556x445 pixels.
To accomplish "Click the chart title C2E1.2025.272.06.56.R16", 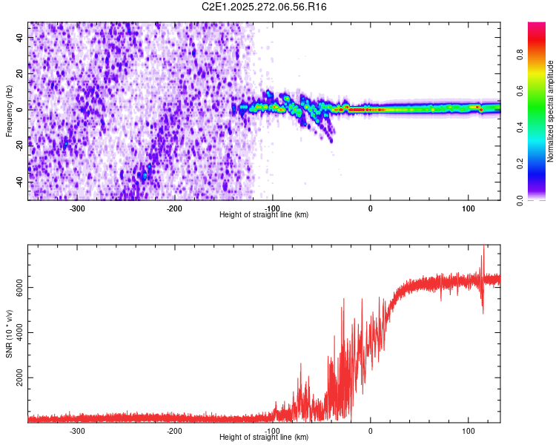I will coord(265,7).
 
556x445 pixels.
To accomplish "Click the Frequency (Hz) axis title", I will coord(9,111).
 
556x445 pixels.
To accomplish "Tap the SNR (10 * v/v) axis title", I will coord(9,334).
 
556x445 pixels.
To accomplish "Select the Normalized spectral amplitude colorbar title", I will coord(551,111).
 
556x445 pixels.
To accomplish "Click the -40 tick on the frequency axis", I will coord(20,182).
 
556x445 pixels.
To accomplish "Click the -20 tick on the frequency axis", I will coord(20,145).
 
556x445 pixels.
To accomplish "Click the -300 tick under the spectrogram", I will coord(77,208).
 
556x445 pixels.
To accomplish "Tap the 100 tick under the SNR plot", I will coord(468,431).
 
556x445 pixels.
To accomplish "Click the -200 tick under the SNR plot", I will coord(175,431).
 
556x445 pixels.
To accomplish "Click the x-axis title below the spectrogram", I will coord(264,214).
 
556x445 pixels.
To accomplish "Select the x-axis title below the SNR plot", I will coord(264,437).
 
